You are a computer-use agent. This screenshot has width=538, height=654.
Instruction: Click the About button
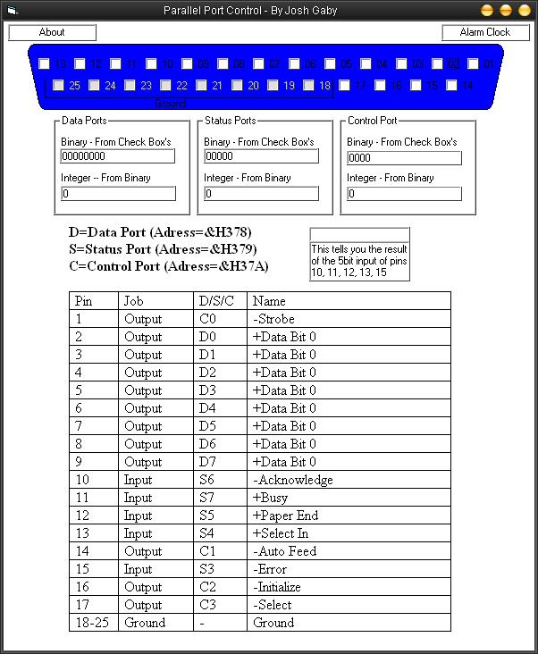(52, 32)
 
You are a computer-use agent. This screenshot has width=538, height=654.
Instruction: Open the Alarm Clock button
(484, 32)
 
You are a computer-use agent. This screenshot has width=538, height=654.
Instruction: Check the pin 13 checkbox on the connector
(45, 64)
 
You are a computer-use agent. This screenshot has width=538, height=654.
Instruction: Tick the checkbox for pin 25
(59, 86)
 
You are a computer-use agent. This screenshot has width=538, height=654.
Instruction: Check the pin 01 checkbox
(474, 64)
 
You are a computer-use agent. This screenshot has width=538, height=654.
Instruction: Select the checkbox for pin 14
(452, 86)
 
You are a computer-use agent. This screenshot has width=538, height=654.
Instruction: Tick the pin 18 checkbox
(309, 86)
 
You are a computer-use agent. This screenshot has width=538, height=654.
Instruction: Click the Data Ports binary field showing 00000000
(117, 156)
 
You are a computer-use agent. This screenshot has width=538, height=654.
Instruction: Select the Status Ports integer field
(261, 194)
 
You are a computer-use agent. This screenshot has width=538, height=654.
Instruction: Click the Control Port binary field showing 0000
(404, 158)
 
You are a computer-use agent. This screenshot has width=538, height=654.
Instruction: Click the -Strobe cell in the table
(273, 319)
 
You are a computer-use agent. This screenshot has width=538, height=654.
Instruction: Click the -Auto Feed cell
(284, 551)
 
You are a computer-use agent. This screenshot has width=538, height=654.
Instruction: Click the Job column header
(133, 301)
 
